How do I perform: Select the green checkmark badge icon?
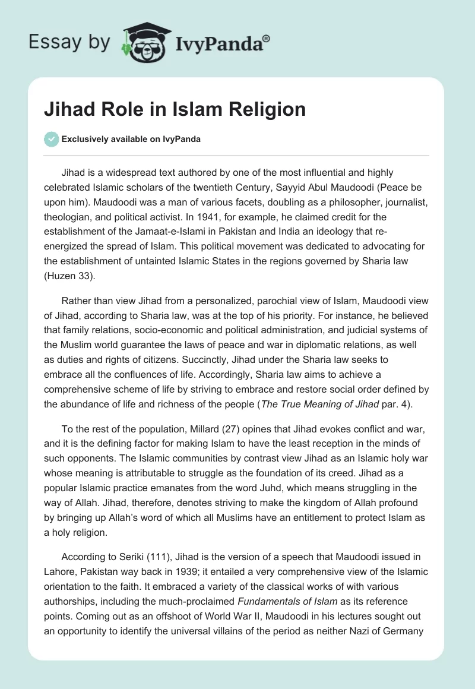pos(51,139)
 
